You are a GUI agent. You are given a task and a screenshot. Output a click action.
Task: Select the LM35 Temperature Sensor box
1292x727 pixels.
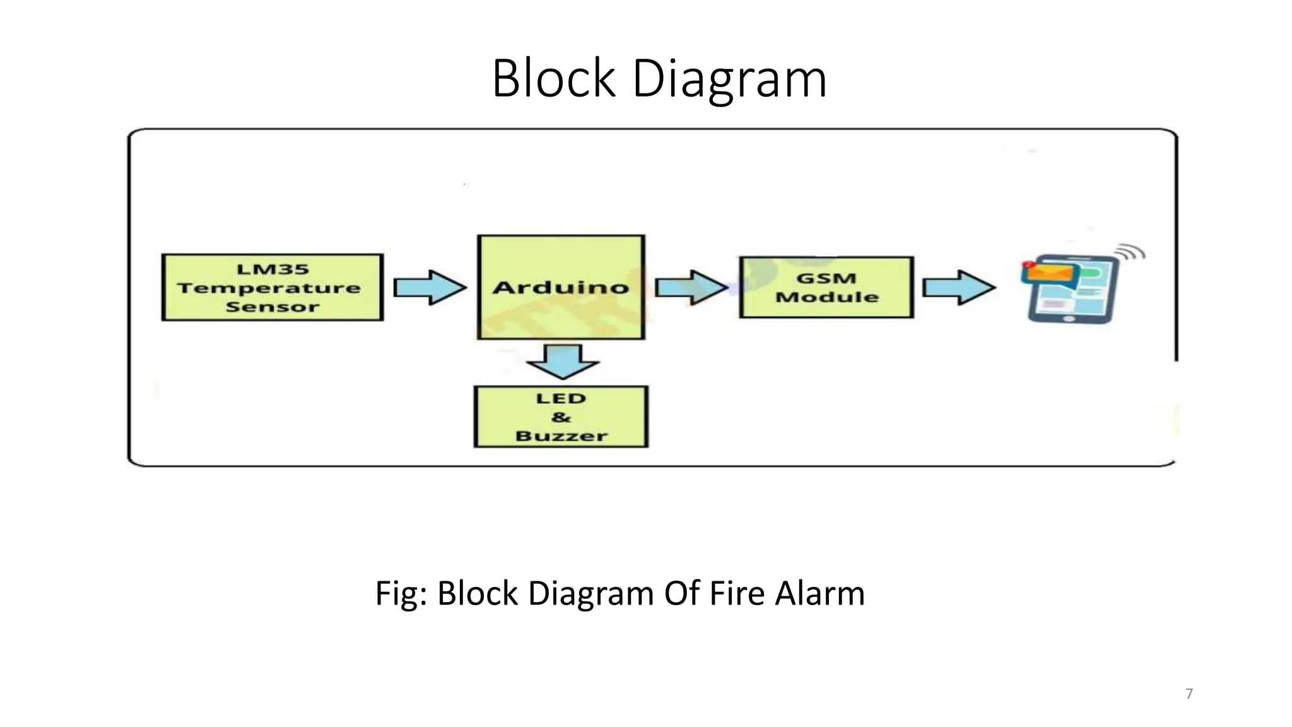tap(272, 288)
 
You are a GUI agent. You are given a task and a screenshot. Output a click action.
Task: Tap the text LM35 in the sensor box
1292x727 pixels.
tap(273, 269)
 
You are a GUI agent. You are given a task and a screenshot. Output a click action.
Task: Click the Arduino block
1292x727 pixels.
tap(561, 287)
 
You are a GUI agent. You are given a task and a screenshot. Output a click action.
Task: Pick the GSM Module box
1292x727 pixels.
tap(826, 287)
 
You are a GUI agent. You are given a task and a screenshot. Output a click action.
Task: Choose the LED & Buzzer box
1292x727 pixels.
tap(561, 417)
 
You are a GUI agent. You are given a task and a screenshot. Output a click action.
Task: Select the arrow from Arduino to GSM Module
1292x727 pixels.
tap(691, 288)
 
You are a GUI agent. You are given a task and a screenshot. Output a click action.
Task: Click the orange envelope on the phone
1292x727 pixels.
tap(1050, 273)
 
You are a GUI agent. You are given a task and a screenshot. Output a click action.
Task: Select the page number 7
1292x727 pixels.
tap(1189, 694)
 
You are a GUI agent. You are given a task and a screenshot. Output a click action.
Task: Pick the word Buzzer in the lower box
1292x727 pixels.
tap(561, 436)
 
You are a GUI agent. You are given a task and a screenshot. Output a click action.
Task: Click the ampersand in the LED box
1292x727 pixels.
tap(560, 417)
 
